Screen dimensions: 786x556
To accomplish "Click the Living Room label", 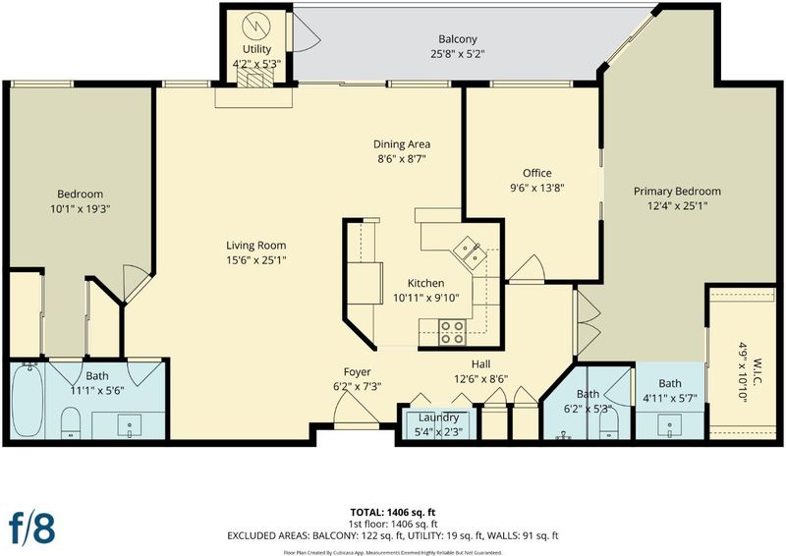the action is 256,246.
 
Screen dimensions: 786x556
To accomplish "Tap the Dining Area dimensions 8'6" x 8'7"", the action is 402,159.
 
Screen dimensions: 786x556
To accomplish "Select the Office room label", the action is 536,173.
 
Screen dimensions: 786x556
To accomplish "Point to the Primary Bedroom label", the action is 677,191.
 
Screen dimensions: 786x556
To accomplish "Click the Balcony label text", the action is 458,39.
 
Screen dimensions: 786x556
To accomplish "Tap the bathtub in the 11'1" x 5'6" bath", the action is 28,401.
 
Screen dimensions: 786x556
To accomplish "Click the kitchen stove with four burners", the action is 452,332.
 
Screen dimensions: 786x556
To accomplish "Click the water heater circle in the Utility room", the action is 255,24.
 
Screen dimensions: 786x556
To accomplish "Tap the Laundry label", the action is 438,417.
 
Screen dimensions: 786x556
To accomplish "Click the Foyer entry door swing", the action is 356,409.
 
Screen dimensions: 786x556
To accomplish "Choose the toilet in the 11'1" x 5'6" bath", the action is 71,421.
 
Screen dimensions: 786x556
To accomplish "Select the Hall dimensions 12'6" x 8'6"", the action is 480,379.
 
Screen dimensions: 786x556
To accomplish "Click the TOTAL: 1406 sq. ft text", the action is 392,512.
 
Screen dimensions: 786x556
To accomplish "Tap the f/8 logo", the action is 32,527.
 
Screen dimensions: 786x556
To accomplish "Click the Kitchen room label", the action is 425,283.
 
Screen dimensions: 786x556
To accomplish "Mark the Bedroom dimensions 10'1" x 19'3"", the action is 81,208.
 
